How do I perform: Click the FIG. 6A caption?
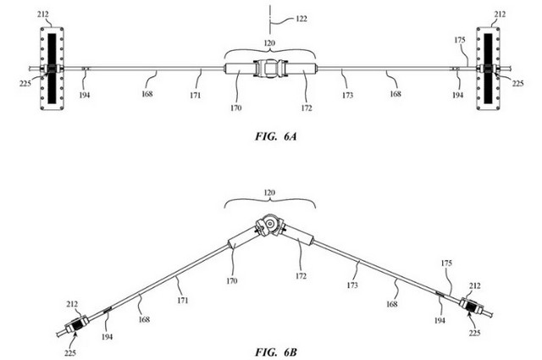[276, 136]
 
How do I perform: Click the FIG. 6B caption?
[276, 352]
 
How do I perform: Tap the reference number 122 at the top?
[301, 19]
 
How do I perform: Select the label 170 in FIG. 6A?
[235, 108]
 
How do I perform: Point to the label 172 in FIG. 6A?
[307, 108]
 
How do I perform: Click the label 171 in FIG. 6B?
[183, 300]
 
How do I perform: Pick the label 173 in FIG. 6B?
[352, 285]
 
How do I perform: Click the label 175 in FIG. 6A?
[460, 40]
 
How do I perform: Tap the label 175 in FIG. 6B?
[446, 263]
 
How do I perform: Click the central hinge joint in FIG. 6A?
[270, 68]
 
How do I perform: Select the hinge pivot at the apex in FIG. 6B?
[270, 225]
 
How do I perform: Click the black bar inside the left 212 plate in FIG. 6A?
[52, 68]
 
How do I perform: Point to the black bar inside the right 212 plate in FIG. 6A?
[488, 68]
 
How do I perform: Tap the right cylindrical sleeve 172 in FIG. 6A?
[301, 68]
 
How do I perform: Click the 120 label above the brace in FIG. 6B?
[269, 192]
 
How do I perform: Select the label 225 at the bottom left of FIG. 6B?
[69, 352]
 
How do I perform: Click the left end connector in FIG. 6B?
[75, 325]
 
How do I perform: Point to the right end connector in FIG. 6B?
[472, 306]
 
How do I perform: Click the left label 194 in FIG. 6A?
[85, 95]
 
